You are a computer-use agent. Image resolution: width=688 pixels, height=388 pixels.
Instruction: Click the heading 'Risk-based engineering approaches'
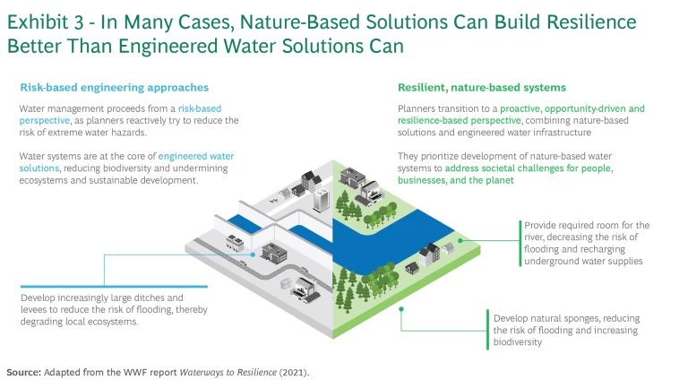coord(114,88)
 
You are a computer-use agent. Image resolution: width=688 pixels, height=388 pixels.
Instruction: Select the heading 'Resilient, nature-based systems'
coord(482,88)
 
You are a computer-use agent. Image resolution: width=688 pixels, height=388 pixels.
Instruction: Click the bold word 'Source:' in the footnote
coord(28,371)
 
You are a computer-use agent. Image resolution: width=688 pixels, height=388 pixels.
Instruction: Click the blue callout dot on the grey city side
coord(253,254)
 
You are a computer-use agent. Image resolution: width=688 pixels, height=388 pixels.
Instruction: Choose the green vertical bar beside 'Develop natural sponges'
coord(489,330)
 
